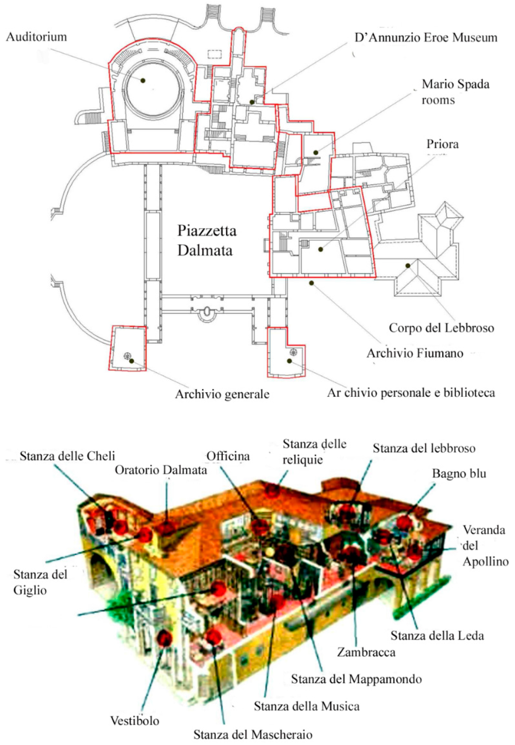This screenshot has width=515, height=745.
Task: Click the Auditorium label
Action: [36, 37]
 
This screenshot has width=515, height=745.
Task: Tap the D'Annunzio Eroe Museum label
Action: [425, 38]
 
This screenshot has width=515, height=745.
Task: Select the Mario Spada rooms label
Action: [455, 92]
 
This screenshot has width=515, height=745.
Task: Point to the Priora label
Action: [443, 144]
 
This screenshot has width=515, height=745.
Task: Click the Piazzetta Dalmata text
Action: [206, 240]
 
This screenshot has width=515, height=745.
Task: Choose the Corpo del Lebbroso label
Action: [441, 328]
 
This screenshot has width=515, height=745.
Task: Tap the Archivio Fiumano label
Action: [414, 353]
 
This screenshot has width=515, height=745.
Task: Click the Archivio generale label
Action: [222, 394]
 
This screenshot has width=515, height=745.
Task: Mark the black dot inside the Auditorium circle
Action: [143, 80]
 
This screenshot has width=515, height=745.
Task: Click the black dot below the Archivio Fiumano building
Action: [311, 283]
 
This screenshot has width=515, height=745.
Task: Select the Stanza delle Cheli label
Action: [67, 456]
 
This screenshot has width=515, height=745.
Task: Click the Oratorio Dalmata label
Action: [161, 470]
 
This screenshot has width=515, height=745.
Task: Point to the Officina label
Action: [228, 456]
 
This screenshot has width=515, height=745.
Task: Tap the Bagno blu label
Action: [459, 473]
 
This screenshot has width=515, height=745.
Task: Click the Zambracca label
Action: [366, 652]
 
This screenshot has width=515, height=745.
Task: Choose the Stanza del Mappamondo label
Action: [356, 679]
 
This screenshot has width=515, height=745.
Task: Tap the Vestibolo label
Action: [135, 720]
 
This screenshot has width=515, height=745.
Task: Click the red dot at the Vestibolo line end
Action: [164, 638]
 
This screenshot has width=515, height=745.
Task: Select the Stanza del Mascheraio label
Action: [252, 734]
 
